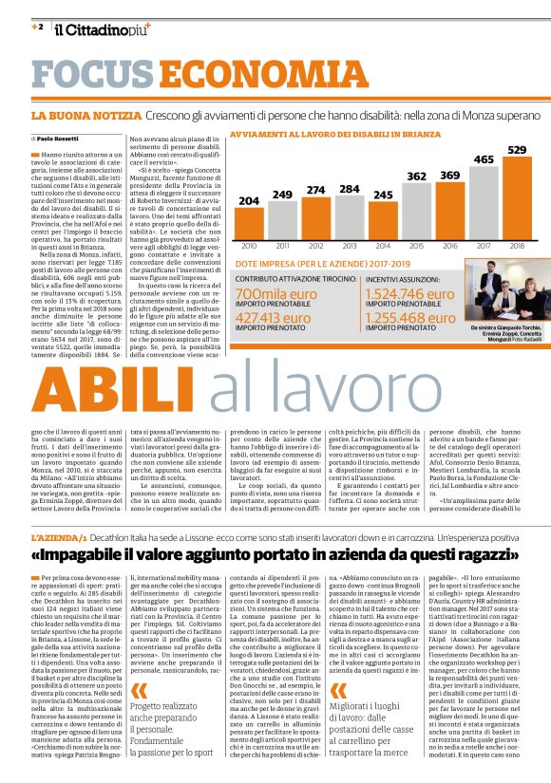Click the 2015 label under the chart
coord(416,245)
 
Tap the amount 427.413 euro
coord(284,317)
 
